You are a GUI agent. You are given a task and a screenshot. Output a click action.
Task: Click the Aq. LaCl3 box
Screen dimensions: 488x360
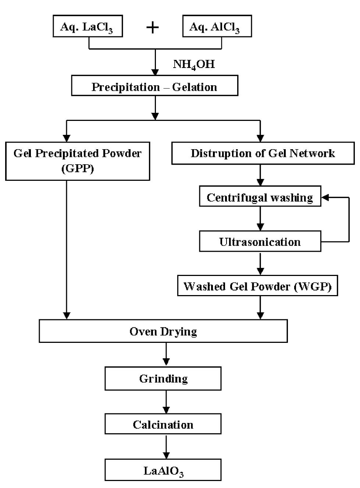(x=88, y=26)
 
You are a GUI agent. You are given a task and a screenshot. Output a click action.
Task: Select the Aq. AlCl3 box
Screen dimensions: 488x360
(x=217, y=26)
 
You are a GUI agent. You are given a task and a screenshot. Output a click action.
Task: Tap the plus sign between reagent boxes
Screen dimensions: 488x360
(x=152, y=27)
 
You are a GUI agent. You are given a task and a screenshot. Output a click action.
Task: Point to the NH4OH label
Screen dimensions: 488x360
(x=194, y=65)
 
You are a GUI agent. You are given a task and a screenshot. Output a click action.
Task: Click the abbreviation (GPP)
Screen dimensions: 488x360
(x=77, y=169)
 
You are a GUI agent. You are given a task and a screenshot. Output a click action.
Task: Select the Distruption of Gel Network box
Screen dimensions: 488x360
(x=263, y=153)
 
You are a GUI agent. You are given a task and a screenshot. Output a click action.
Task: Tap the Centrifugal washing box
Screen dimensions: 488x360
(x=260, y=197)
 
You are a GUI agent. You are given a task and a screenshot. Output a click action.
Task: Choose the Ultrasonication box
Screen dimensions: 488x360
(x=260, y=242)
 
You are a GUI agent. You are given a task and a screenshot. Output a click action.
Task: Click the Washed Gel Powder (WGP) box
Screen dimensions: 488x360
(x=257, y=286)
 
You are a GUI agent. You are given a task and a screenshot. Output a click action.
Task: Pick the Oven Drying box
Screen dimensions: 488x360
(x=163, y=331)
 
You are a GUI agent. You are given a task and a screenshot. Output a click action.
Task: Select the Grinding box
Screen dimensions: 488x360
(x=163, y=378)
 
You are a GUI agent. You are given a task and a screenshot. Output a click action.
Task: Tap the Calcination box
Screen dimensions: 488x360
(x=163, y=424)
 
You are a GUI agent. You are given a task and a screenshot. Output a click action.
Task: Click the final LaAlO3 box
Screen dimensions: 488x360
(x=163, y=470)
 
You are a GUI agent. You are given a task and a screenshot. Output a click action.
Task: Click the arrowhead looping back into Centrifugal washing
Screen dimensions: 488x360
(x=325, y=197)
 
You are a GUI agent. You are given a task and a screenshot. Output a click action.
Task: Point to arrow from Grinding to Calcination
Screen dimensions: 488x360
(x=166, y=402)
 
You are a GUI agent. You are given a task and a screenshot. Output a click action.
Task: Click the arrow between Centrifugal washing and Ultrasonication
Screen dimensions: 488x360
(x=260, y=219)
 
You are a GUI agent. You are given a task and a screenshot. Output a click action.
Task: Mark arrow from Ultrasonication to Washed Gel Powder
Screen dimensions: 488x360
(x=260, y=263)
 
